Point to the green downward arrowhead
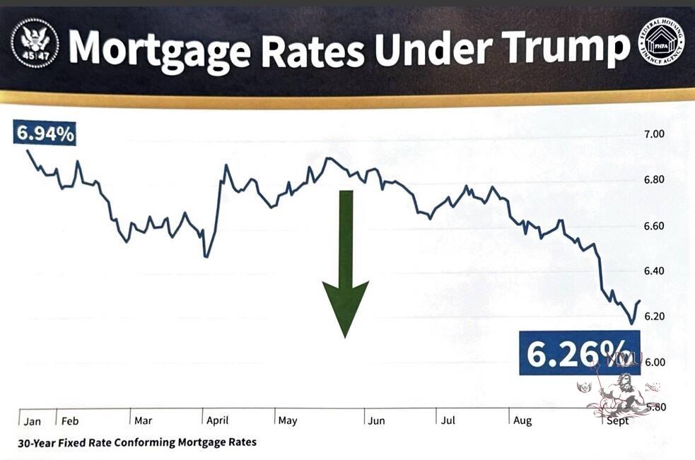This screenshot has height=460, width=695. pos(345,307)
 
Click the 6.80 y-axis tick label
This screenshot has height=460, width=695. pos(653,179)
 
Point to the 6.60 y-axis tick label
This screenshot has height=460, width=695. pos(653,226)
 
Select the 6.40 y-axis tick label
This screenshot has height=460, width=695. pos(653,271)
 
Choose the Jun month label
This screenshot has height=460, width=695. pos(375,421)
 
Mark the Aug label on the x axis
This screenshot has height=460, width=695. pos(522,421)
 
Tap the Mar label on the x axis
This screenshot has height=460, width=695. pos(143,421)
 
